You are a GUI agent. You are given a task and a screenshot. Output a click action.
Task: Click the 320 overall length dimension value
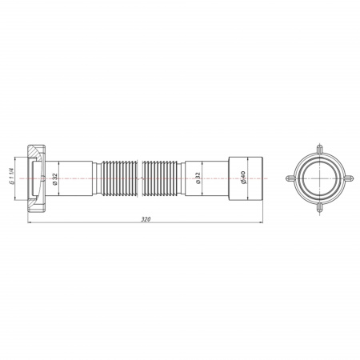point(146,219)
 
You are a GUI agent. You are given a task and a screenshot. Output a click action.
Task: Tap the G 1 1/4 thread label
point(11,177)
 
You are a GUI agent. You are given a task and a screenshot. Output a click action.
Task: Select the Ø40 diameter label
point(243,177)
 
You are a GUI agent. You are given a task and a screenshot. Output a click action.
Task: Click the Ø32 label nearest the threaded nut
point(55,178)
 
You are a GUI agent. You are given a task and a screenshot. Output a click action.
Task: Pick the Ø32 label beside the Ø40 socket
point(198,178)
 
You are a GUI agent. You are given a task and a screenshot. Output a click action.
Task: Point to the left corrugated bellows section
point(119,178)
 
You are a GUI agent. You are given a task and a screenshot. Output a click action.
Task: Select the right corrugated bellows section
point(160,178)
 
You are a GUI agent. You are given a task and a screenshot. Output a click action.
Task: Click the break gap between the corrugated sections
point(140,178)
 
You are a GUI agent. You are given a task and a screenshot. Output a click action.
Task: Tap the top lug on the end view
point(319,149)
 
